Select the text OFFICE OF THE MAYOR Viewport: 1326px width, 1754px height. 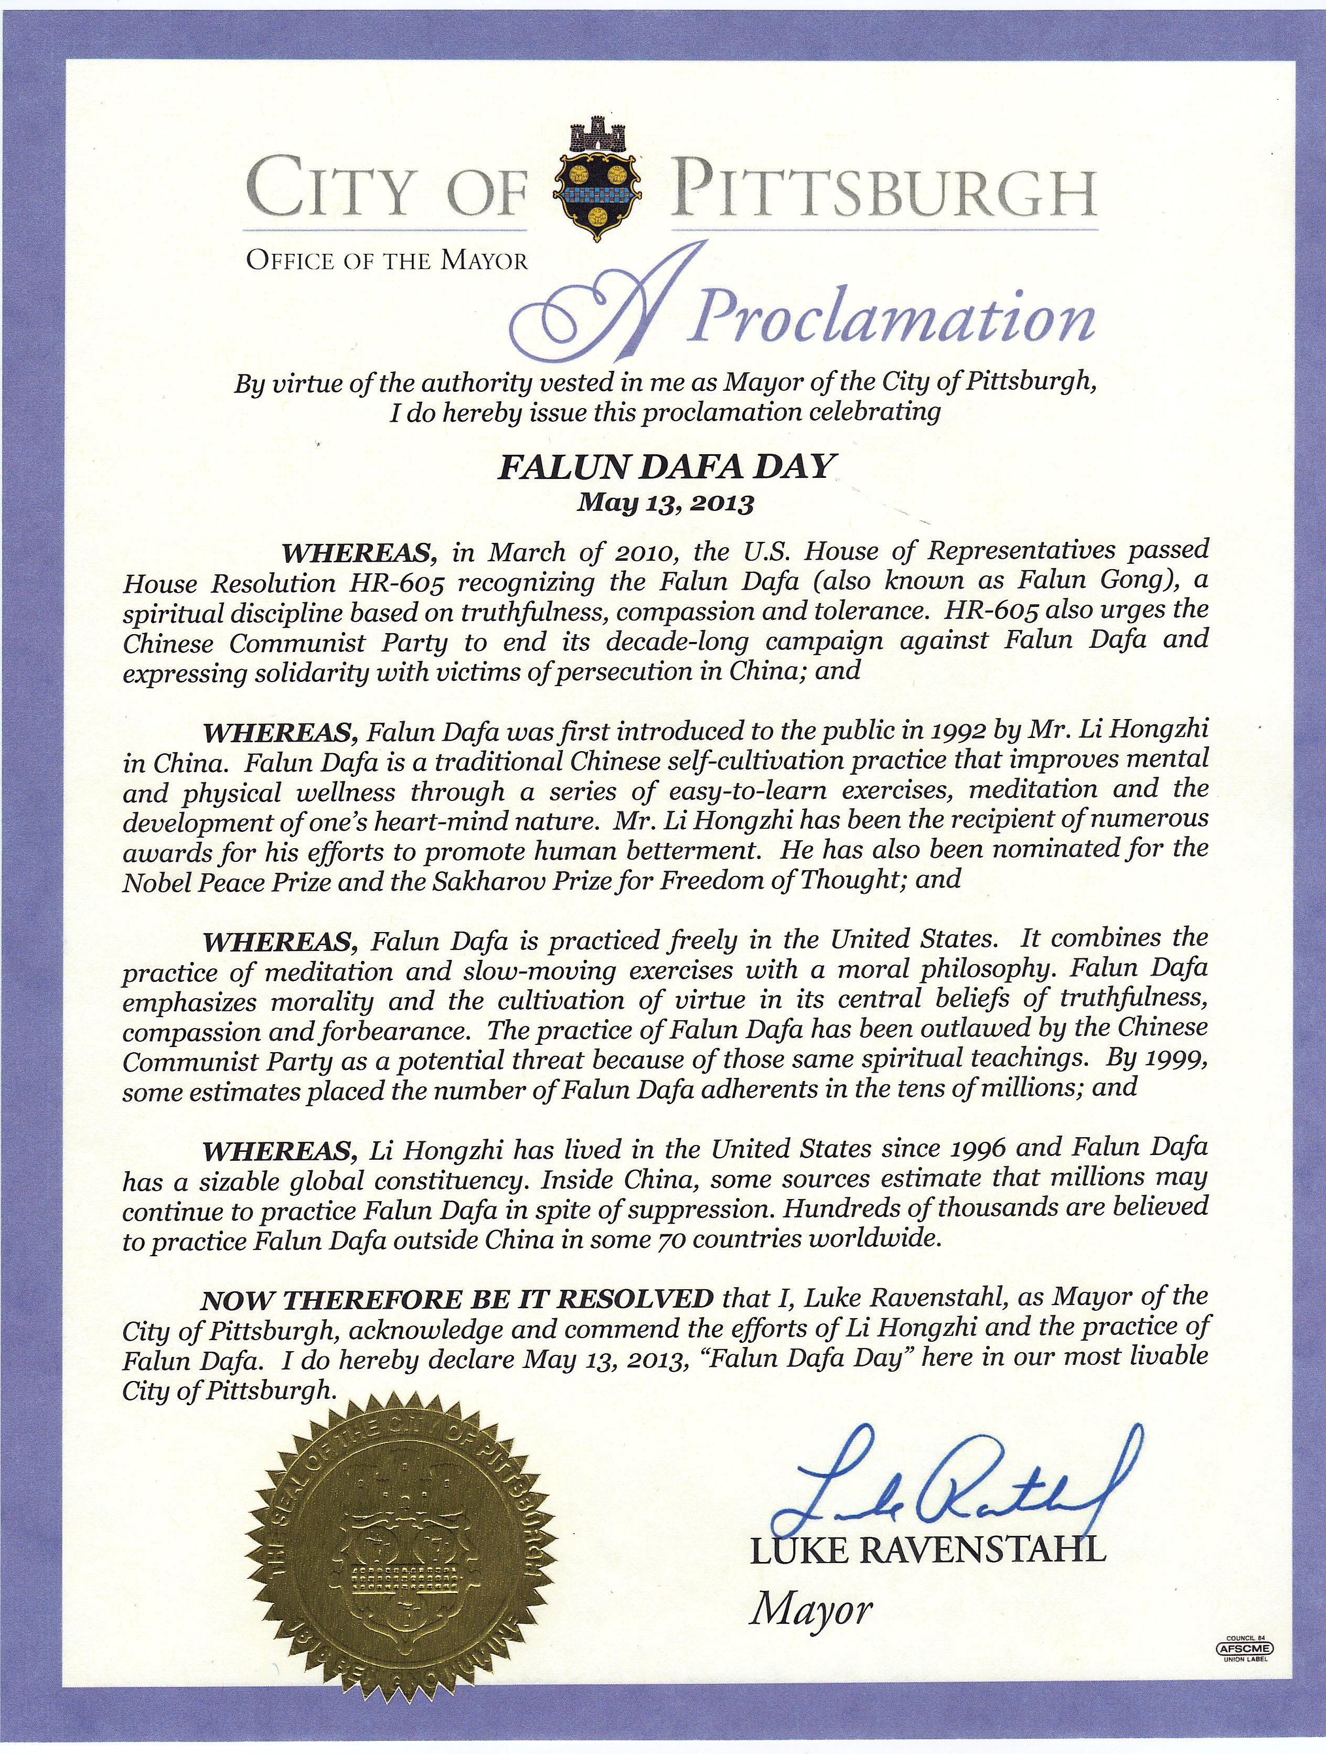point(386,261)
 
